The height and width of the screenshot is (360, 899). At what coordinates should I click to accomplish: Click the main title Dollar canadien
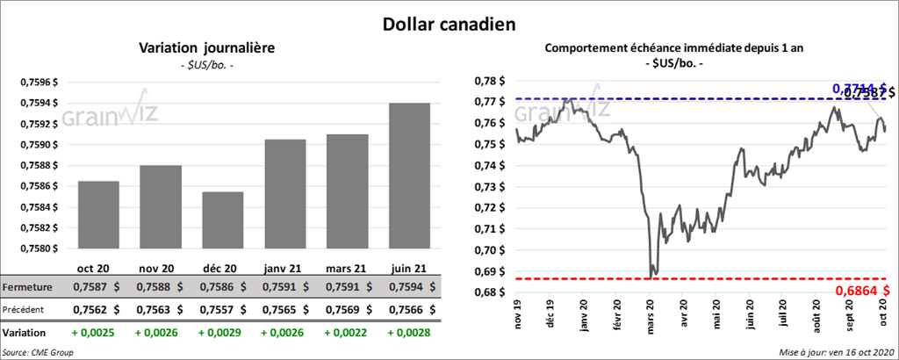449,24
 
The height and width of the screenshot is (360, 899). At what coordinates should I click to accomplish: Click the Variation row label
25,334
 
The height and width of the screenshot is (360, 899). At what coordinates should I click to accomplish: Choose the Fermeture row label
27,287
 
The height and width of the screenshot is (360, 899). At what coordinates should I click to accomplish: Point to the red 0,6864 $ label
861,290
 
